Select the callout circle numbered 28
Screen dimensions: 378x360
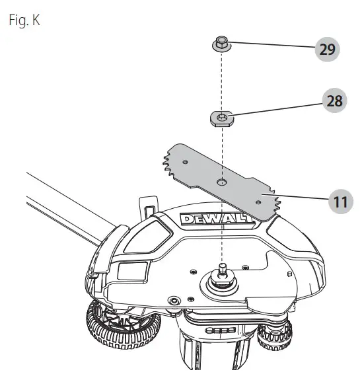click(334, 101)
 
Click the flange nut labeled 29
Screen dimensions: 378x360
click(223, 44)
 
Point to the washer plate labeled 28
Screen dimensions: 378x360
click(223, 118)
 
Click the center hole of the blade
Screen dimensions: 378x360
click(223, 180)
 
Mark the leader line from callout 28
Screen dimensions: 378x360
click(277, 109)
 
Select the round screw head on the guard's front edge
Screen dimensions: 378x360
click(174, 301)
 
